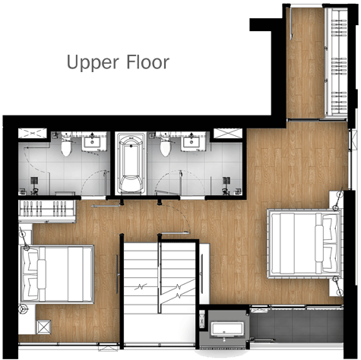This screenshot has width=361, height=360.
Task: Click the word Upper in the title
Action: click(93, 62)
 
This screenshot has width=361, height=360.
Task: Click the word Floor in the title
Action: click(148, 62)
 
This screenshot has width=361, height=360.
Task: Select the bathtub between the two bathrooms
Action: click(131, 164)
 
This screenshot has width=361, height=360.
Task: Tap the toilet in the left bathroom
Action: click(66, 147)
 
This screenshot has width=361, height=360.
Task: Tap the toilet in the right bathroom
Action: click(166, 147)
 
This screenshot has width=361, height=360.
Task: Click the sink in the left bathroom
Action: click(92, 142)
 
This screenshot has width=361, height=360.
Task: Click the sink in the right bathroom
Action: click(192, 142)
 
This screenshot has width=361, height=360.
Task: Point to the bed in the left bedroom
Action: click(57, 274)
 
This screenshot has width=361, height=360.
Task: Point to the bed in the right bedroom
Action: click(305, 243)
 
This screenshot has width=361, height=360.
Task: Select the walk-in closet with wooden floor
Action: click(306, 63)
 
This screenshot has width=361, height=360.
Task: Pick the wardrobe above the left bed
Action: click(47, 211)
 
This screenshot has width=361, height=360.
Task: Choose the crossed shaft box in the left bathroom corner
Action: click(33, 133)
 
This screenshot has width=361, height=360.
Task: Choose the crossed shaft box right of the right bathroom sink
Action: click(228, 133)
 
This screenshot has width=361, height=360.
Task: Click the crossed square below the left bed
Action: click(43, 327)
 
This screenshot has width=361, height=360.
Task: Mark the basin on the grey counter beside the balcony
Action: click(227, 330)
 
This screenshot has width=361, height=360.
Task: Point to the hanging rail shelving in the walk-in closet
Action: click(337, 63)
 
